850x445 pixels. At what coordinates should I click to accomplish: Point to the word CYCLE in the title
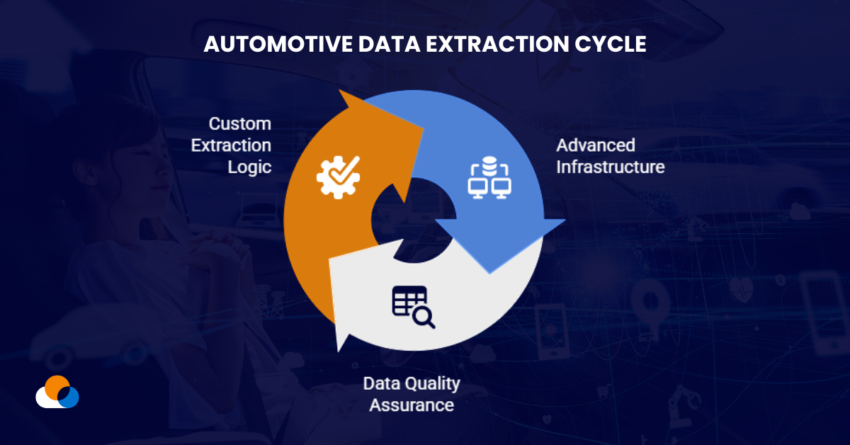tap(608, 44)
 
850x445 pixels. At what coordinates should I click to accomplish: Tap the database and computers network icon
tap(489, 179)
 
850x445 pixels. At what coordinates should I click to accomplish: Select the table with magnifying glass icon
tap(413, 307)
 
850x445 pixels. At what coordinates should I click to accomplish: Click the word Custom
tap(240, 124)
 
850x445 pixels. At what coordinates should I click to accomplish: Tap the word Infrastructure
tap(611, 167)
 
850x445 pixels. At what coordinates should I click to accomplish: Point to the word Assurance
tap(412, 405)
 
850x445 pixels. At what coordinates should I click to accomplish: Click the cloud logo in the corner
tap(57, 393)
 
